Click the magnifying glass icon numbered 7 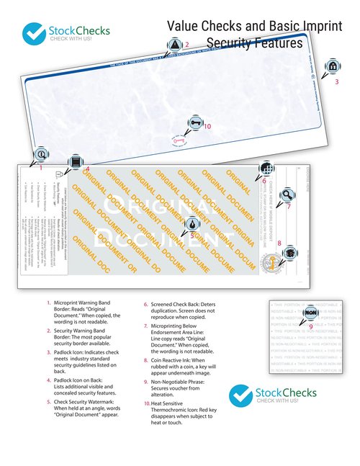pyautogui.click(x=287, y=194)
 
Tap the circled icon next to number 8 pyautogui.click(x=289, y=253)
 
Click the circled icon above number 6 pyautogui.click(x=266, y=168)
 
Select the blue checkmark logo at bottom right pyautogui.click(x=241, y=395)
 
